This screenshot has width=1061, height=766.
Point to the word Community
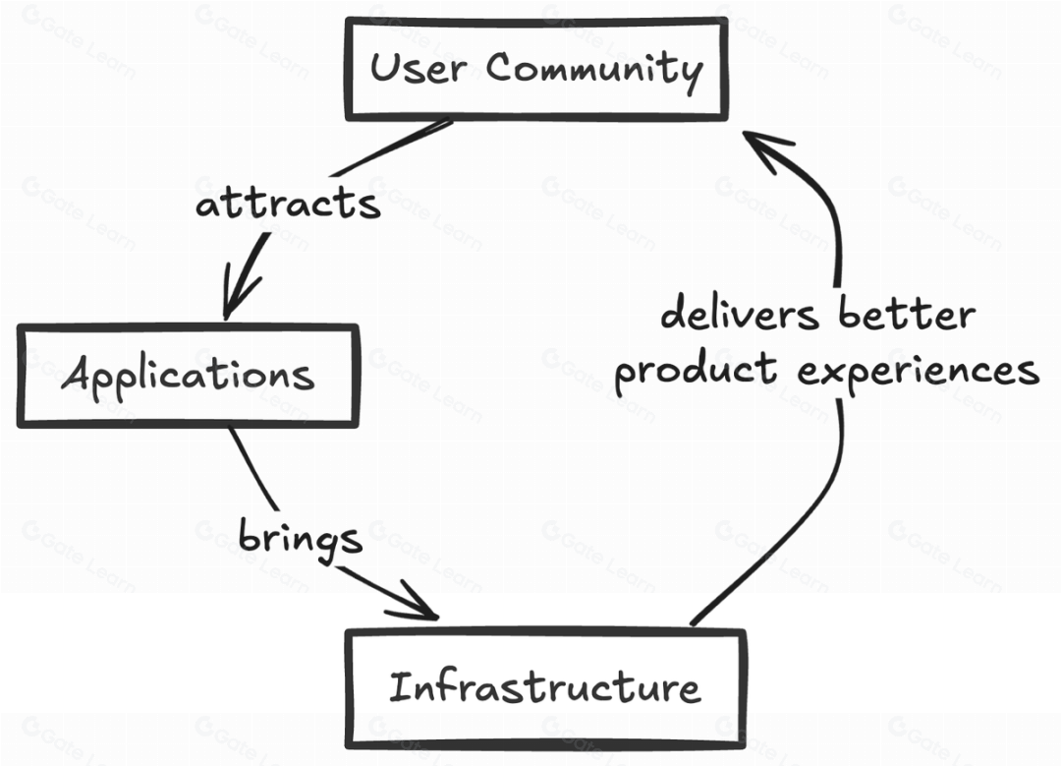[594, 70]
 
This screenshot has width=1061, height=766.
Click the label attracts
[287, 206]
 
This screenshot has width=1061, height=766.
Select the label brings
[301, 539]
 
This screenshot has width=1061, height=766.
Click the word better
[907, 315]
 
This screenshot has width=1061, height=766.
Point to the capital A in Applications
[77, 374]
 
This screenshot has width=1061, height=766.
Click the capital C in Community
[500, 68]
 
